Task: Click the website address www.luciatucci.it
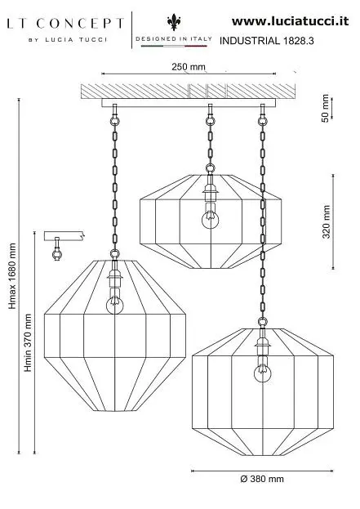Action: click(x=290, y=21)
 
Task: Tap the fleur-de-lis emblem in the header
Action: click(x=174, y=22)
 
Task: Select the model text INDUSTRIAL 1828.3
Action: click(x=267, y=41)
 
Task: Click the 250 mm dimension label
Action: click(x=189, y=66)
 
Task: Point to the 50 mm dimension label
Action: click(x=325, y=108)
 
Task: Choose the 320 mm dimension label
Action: click(x=326, y=221)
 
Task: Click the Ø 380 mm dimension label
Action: click(x=262, y=479)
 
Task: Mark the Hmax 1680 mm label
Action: click(x=12, y=276)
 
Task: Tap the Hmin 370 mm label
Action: click(x=29, y=342)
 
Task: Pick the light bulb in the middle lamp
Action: click(x=210, y=220)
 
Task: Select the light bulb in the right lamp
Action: click(x=263, y=373)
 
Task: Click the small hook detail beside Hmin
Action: click(x=57, y=249)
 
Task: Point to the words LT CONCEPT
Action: click(x=65, y=24)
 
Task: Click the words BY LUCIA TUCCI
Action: click(x=68, y=40)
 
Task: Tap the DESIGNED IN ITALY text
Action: click(x=174, y=38)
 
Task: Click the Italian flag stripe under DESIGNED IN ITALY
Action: click(x=174, y=46)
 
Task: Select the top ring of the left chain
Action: click(x=114, y=122)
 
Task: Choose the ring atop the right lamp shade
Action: click(x=262, y=322)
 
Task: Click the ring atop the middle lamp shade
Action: click(x=210, y=168)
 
